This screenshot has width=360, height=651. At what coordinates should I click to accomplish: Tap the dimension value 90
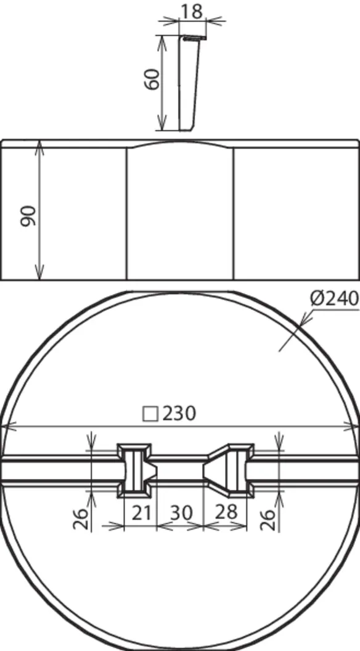pos(30,216)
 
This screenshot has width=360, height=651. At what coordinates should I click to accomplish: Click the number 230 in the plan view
pos(179,414)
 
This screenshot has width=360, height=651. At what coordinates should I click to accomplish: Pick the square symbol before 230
pos(150,414)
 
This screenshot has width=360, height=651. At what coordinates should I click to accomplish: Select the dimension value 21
pos(141,512)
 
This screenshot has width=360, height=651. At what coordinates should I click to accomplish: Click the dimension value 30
pos(181,512)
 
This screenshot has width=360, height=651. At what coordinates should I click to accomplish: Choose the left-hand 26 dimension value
pos(81,518)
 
